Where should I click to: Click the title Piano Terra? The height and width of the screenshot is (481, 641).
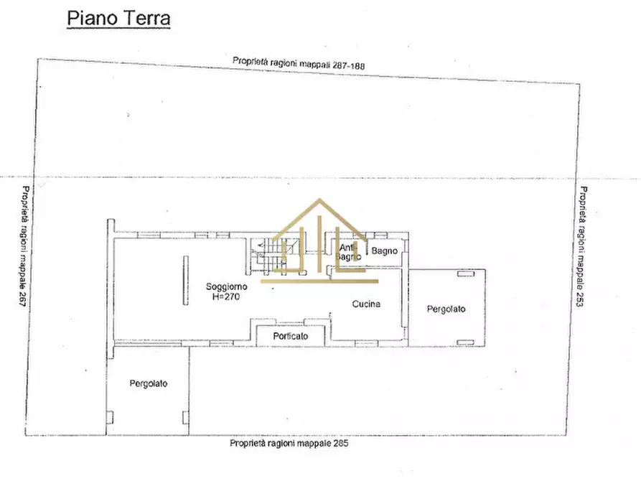[118, 18]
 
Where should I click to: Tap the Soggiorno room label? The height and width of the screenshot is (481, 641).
[225, 286]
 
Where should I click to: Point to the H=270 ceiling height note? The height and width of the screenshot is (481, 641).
[225, 296]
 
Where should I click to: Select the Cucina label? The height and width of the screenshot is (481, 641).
[366, 304]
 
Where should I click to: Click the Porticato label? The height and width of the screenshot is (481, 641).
[291, 336]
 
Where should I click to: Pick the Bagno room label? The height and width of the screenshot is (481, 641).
[384, 251]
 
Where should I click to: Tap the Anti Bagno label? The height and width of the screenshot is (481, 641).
[347, 252]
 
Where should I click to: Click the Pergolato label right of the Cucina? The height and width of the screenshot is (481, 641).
[446, 309]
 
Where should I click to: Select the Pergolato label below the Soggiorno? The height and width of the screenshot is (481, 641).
[149, 383]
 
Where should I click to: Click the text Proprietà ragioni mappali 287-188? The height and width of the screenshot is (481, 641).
[299, 63]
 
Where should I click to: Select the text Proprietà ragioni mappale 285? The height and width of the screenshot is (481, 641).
[289, 443]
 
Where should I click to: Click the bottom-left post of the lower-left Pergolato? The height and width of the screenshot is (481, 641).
[110, 416]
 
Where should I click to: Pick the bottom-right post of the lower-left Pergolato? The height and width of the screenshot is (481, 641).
[186, 416]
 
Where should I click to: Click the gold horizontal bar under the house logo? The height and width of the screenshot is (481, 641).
[319, 281]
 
